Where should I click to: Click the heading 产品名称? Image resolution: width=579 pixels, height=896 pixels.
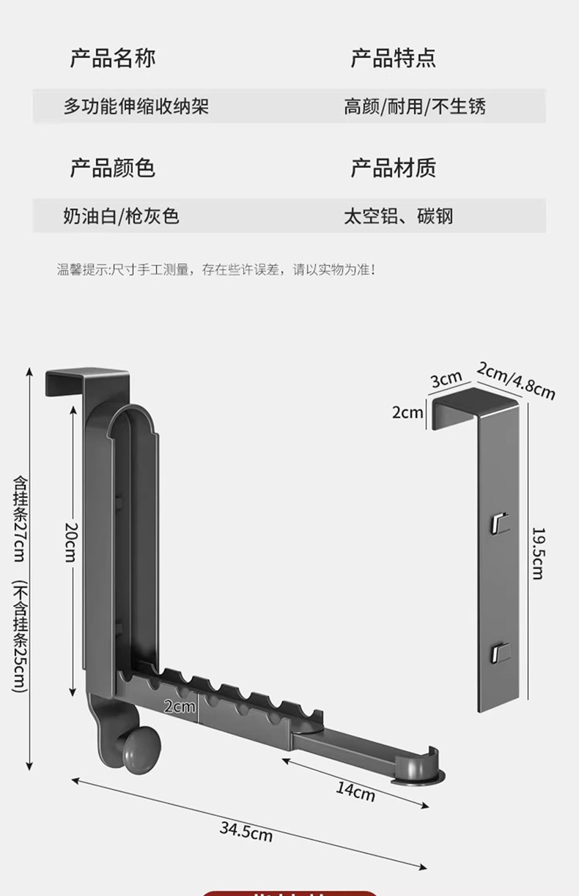coord(112,58)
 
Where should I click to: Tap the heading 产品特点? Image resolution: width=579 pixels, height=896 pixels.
coord(393,58)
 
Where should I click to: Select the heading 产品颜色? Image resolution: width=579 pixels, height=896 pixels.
coord(112,168)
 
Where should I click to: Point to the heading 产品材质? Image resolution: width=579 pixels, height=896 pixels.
coord(393,168)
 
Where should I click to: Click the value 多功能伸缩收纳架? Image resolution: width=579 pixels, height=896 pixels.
coord(136,106)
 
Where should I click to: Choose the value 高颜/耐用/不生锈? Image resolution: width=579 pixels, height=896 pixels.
coord(415,106)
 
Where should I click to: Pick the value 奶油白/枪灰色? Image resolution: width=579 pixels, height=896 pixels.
coord(121,216)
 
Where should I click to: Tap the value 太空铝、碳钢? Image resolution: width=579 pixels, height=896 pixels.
coord(399,216)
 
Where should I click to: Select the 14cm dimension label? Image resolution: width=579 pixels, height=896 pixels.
coord(355,791)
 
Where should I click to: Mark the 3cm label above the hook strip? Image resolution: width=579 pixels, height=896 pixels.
coord(446,379)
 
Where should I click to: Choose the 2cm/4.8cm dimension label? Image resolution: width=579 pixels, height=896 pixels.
coord(515,379)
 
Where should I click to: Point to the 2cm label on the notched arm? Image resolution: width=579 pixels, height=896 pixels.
coord(180,706)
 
